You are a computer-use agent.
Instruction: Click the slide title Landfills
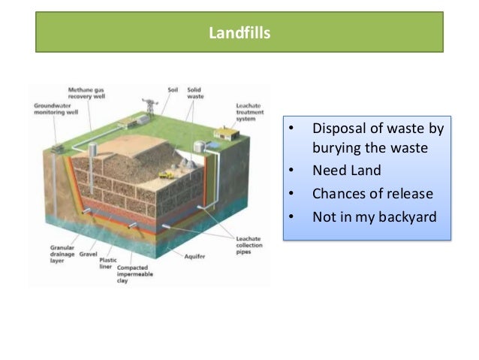239,34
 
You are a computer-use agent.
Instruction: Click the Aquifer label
194,256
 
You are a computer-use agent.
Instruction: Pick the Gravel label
80,254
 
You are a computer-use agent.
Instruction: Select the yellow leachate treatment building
223,134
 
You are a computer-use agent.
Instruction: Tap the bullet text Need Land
346,170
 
